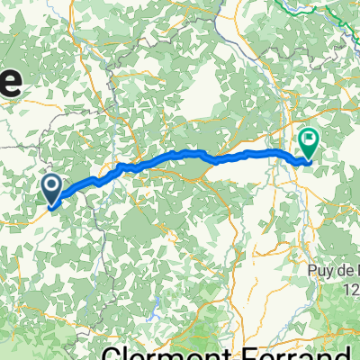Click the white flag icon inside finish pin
click(x=309, y=139)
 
